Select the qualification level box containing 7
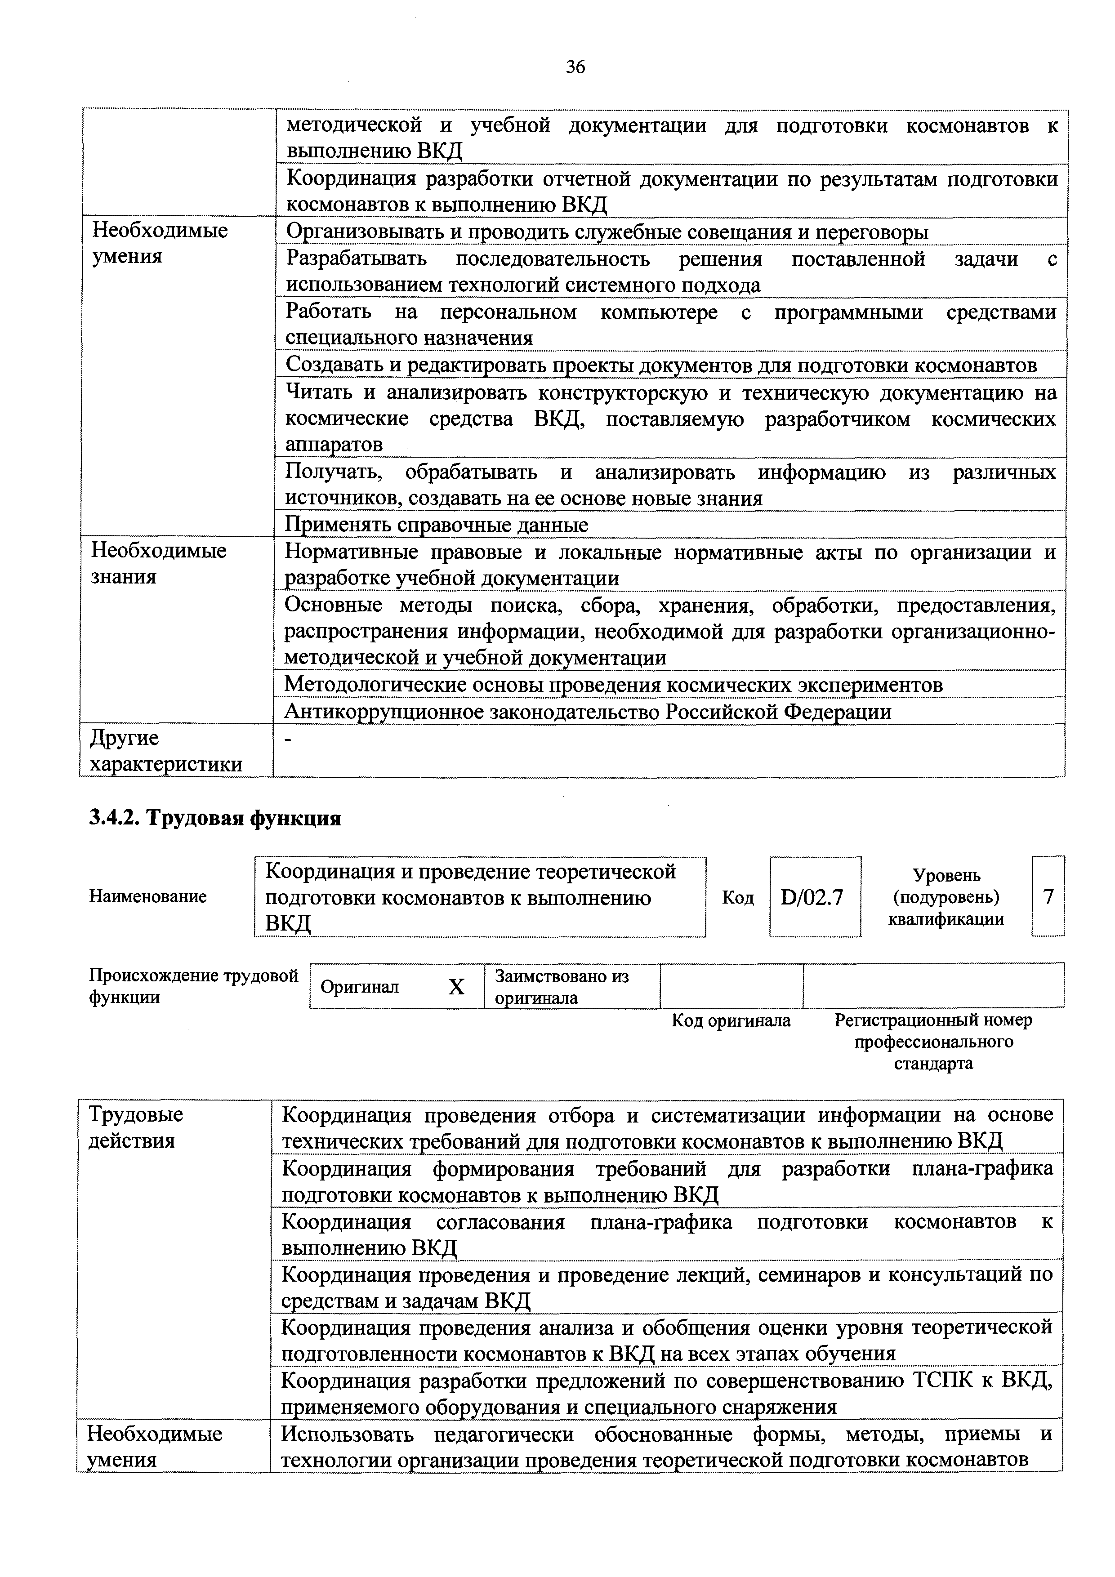pos(1048,896)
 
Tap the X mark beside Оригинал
pos(456,987)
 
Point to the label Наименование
pos(148,896)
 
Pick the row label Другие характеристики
pos(166,751)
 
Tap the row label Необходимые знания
pos(159,563)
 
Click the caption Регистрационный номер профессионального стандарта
pos(933,1042)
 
